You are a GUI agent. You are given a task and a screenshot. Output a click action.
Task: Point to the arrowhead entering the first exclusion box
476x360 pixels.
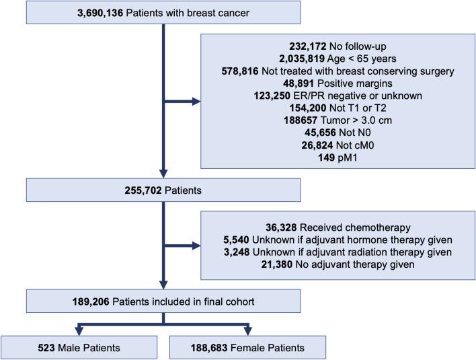[196, 102]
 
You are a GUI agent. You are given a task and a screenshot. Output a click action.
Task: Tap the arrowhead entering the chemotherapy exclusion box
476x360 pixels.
[196, 246]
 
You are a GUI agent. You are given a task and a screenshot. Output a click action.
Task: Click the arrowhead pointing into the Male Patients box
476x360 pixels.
[79, 331]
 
